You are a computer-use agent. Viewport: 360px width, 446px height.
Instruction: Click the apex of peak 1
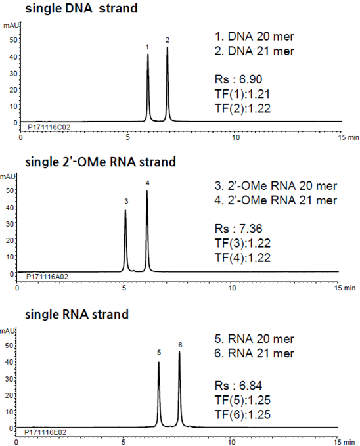pyautogui.click(x=148, y=55)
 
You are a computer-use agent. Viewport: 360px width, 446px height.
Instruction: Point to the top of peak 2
pyautogui.click(x=168, y=47)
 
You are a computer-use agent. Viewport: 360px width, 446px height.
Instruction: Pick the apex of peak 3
pyautogui.click(x=125, y=210)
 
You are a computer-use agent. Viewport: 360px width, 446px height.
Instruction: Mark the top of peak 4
pyautogui.click(x=146, y=192)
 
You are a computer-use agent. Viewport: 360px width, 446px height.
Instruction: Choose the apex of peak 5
pyautogui.click(x=159, y=362)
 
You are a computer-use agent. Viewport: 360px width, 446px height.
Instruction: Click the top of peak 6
pyautogui.click(x=179, y=352)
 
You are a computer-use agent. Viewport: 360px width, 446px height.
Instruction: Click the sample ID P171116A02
pyautogui.click(x=47, y=277)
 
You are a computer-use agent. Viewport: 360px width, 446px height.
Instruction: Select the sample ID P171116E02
pyautogui.click(x=46, y=432)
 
